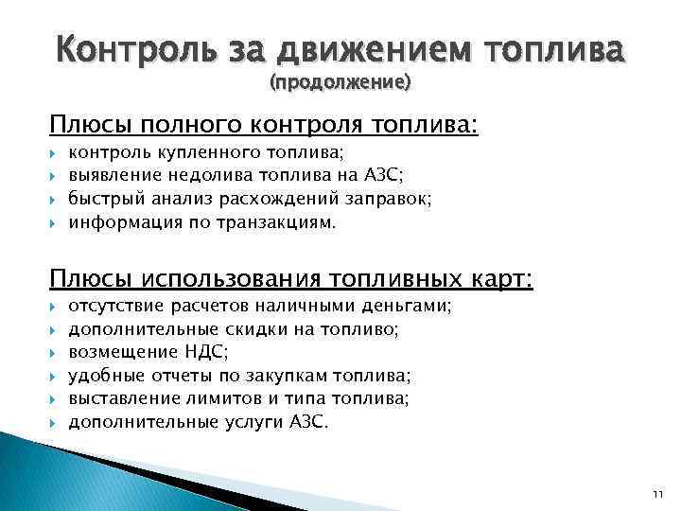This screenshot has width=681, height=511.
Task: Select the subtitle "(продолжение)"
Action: [x=340, y=83]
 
